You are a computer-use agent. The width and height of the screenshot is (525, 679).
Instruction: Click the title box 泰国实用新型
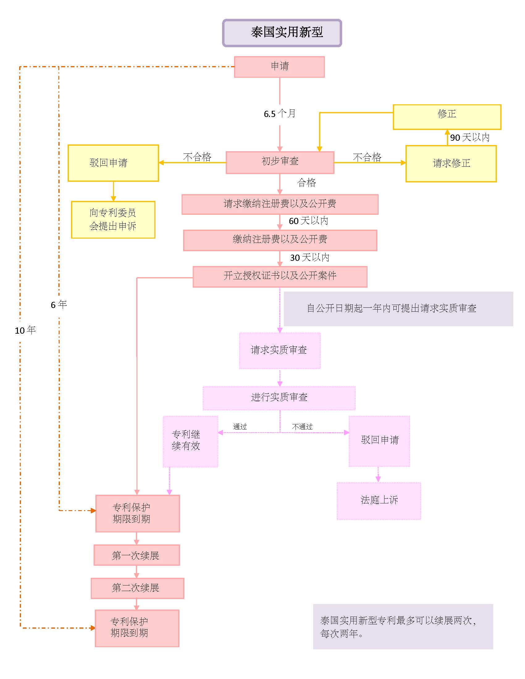tap(282, 33)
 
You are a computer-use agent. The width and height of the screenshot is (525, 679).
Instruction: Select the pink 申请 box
tap(279, 67)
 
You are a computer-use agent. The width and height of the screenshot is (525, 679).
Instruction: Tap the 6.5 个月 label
tap(279, 114)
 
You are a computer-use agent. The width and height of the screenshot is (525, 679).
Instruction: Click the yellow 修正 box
tap(447, 117)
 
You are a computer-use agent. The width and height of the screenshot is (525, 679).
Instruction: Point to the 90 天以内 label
tap(470, 137)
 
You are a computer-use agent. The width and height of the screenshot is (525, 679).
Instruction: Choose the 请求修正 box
tap(451, 164)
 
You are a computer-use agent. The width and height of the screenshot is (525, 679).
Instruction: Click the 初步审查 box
tap(279, 162)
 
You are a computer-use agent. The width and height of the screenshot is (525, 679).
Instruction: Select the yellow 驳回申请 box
tap(113, 163)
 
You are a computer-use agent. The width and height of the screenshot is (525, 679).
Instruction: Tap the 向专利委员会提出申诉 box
tap(113, 219)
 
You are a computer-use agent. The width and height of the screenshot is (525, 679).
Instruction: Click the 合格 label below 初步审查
tap(306, 183)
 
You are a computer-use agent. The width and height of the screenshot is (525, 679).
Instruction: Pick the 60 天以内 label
tap(308, 221)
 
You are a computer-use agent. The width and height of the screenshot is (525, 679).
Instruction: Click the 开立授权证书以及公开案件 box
tap(279, 277)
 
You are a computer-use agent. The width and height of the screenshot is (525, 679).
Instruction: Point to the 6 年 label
tap(59, 305)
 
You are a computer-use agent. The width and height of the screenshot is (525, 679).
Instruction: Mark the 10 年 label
tap(25, 330)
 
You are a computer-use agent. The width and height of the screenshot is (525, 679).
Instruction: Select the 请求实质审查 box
tap(279, 350)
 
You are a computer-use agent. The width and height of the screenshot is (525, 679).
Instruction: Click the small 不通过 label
tap(302, 427)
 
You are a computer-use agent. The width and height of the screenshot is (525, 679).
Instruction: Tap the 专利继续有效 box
tap(190, 441)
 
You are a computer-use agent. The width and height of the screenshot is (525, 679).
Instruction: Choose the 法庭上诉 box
tap(379, 500)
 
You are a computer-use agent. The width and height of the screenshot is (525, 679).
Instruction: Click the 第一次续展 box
tap(136, 555)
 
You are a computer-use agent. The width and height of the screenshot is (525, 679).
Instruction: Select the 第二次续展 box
tap(137, 588)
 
